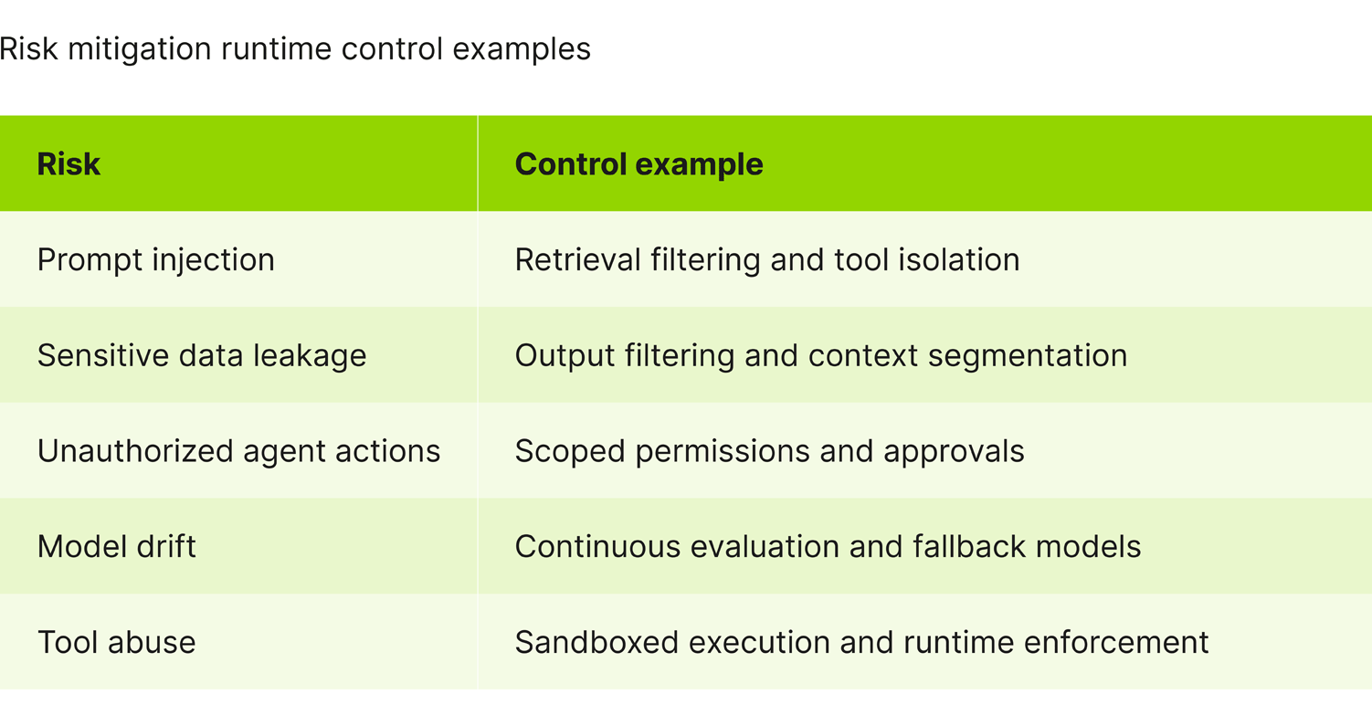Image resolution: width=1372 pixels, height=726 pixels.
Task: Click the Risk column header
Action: pyautogui.click(x=69, y=164)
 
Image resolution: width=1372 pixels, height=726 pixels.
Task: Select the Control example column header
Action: pyautogui.click(x=639, y=164)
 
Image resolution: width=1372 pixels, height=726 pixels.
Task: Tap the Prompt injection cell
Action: pyautogui.click(x=155, y=260)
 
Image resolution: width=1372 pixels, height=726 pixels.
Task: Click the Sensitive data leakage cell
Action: pyautogui.click(x=202, y=355)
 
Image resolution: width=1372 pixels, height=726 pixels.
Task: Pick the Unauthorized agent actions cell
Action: pyautogui.click(x=239, y=451)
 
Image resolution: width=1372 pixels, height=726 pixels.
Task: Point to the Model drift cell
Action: pyautogui.click(x=116, y=547)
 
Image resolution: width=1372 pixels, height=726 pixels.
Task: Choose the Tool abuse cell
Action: pyautogui.click(x=116, y=642)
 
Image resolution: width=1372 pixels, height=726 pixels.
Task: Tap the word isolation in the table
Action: pyautogui.click(x=958, y=259)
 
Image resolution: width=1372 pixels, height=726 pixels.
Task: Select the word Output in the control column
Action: pyautogui.click(x=565, y=356)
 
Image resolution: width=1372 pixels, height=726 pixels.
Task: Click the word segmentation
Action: pyautogui.click(x=1027, y=356)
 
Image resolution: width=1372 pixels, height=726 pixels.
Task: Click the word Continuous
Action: pyautogui.click(x=597, y=547)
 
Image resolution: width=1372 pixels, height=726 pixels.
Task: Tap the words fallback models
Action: pyautogui.click(x=1027, y=547)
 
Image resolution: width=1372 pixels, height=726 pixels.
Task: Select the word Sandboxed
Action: pyautogui.click(x=596, y=642)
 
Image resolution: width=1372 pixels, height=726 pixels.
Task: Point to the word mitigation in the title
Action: pyautogui.click(x=140, y=49)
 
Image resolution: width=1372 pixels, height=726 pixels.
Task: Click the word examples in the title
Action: pyautogui.click(x=522, y=49)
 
